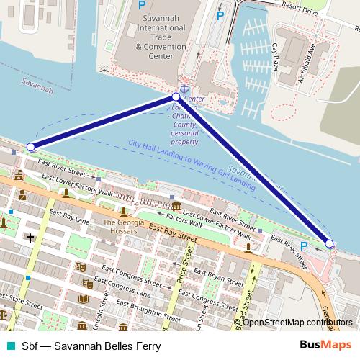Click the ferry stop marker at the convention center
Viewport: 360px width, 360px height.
pos(176,96)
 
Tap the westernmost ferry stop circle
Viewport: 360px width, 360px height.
pos(30,147)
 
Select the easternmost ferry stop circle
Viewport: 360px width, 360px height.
pos(329,244)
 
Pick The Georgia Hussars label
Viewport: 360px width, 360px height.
pos(125,226)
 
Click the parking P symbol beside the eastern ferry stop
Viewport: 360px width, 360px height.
pos(303,246)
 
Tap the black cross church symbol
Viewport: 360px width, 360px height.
pos(30,237)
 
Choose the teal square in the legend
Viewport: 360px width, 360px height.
pos(9,345)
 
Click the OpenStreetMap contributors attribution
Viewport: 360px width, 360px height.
pos(297,322)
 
